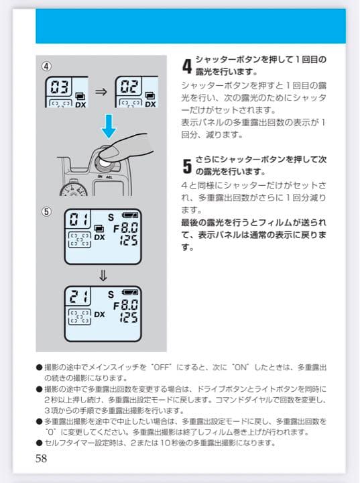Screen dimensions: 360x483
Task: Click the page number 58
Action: click(x=42, y=458)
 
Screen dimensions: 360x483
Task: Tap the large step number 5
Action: click(x=187, y=166)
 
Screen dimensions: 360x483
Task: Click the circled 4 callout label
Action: click(x=46, y=66)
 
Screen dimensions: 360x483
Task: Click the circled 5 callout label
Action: click(x=46, y=211)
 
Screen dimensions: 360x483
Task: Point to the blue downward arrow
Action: click(x=109, y=126)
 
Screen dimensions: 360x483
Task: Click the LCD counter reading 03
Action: click(x=60, y=87)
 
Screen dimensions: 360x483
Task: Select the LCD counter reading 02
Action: click(x=130, y=87)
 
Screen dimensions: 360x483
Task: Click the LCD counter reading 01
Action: click(x=78, y=219)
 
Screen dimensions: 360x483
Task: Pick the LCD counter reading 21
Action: click(x=78, y=296)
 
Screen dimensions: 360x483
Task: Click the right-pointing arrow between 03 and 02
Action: click(x=101, y=92)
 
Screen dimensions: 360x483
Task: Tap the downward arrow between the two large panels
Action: click(x=103, y=276)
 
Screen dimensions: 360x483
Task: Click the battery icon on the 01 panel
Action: click(x=130, y=215)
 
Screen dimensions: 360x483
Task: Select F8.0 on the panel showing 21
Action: click(x=125, y=306)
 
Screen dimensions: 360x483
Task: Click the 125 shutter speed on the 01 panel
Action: click(x=129, y=240)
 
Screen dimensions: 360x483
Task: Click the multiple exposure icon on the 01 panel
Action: click(x=99, y=228)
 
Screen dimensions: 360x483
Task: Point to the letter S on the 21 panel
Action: click(x=111, y=294)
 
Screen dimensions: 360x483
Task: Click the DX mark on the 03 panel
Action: click(x=80, y=105)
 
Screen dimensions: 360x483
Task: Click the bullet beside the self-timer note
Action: click(x=39, y=443)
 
